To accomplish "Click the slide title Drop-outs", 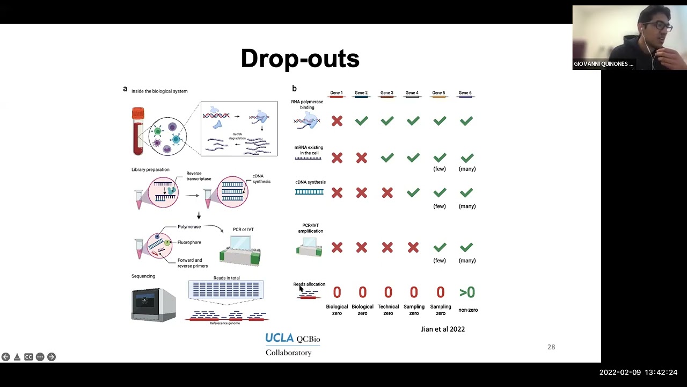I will click(299, 59).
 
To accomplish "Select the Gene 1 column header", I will click(337, 94).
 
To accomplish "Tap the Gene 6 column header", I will click(465, 94).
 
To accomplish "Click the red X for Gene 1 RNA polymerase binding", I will click(337, 121).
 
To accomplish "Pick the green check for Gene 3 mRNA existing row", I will click(387, 158).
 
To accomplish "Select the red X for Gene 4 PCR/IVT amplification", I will click(413, 247).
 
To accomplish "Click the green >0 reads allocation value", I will click(467, 292).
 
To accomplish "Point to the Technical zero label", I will click(388, 310).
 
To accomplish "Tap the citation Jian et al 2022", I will click(443, 329).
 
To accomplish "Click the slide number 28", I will click(551, 347).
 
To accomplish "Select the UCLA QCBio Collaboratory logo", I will click(293, 345).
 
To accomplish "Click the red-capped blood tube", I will click(138, 131).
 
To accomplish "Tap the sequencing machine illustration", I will click(154, 304).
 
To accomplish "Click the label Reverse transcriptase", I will click(199, 176).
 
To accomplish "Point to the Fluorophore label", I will click(189, 242).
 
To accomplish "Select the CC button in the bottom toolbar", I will click(28, 357).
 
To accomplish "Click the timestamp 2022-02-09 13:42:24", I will click(638, 372).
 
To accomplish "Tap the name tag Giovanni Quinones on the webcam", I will click(603, 64).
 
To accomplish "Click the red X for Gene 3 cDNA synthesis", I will click(387, 193).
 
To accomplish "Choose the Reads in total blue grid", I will click(226, 290).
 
